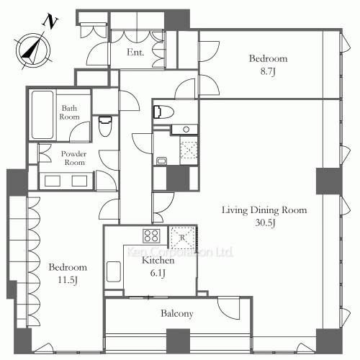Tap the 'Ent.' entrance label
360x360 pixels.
coord(135,53)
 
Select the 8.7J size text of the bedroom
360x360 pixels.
coord(268,71)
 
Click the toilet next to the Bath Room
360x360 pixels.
coord(105,127)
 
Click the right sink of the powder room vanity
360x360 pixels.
coord(78,180)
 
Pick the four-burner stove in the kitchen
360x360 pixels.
coord(152,235)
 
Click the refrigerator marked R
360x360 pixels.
coord(181,237)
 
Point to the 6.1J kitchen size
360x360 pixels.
coord(158,272)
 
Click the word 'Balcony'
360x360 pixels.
coord(177,314)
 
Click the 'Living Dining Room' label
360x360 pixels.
coord(264,210)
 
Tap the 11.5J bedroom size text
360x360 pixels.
coord(68,279)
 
